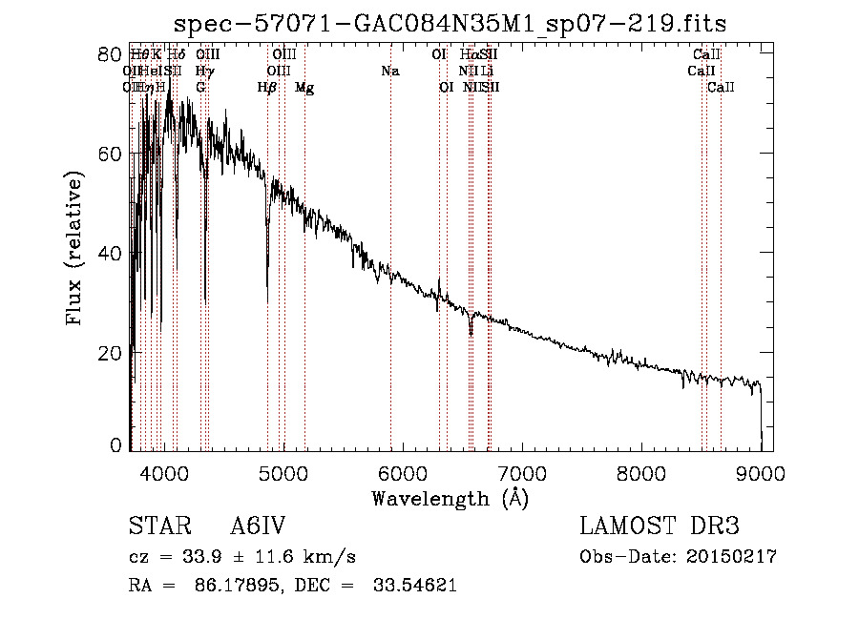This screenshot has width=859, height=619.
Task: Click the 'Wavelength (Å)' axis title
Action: (450, 498)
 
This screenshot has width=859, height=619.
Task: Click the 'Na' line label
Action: (389, 71)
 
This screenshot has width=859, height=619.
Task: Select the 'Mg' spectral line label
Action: (304, 88)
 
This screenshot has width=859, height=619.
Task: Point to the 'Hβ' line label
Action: (267, 88)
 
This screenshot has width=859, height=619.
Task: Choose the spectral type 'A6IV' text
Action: (258, 526)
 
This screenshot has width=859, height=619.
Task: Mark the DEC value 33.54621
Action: (412, 586)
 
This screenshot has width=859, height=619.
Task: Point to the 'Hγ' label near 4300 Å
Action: (204, 71)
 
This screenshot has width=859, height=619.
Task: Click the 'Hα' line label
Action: (469, 54)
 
